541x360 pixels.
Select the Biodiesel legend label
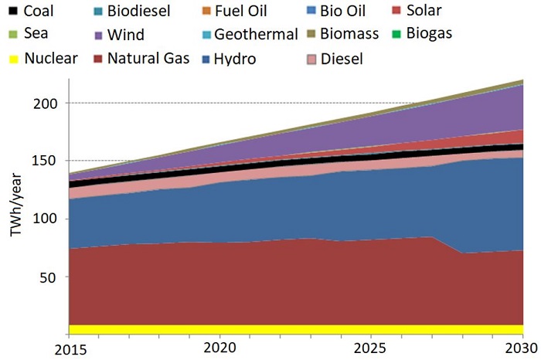(139, 11)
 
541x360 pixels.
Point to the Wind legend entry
(125, 34)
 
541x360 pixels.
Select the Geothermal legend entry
(256, 34)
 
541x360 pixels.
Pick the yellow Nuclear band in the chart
(294, 329)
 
